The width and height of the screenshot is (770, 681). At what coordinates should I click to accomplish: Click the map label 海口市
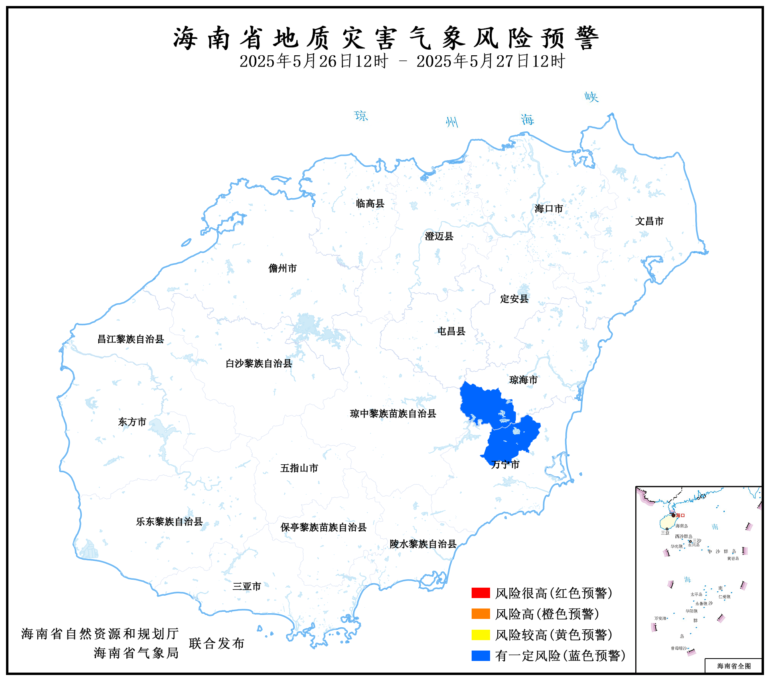pyautogui.click(x=549, y=209)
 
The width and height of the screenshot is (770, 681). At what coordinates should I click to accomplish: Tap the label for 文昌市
pyautogui.click(x=649, y=221)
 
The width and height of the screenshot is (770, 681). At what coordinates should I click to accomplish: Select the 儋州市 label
pyautogui.click(x=283, y=268)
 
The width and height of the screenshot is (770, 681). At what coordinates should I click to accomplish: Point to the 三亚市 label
pyautogui.click(x=247, y=586)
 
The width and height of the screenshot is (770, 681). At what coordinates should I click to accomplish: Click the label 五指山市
pyautogui.click(x=299, y=468)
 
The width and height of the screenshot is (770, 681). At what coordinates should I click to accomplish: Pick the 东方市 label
pyautogui.click(x=132, y=422)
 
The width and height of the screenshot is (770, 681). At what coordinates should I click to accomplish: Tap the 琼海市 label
pyautogui.click(x=523, y=380)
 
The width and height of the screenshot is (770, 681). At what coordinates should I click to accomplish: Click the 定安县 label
pyautogui.click(x=514, y=299)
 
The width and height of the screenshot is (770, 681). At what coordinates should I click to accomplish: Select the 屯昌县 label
pyautogui.click(x=451, y=331)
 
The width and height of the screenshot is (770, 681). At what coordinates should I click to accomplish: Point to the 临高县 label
pyautogui.click(x=370, y=203)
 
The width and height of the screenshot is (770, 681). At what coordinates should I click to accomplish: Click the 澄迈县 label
pyautogui.click(x=439, y=236)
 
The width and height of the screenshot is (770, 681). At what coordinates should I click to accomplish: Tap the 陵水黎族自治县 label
pyautogui.click(x=423, y=544)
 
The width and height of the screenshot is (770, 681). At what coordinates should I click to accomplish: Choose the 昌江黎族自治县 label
pyautogui.click(x=131, y=339)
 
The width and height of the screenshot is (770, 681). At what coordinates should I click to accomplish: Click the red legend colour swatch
pyautogui.click(x=480, y=593)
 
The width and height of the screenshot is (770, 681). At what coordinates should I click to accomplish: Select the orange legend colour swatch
pyautogui.click(x=480, y=614)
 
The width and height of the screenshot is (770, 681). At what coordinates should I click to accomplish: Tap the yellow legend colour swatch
pyautogui.click(x=480, y=635)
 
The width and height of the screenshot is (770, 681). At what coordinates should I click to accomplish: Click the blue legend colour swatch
pyautogui.click(x=480, y=656)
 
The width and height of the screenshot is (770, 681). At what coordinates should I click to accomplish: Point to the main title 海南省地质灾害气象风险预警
pyautogui.click(x=386, y=38)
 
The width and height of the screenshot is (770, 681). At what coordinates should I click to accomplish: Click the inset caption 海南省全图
pyautogui.click(x=734, y=666)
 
